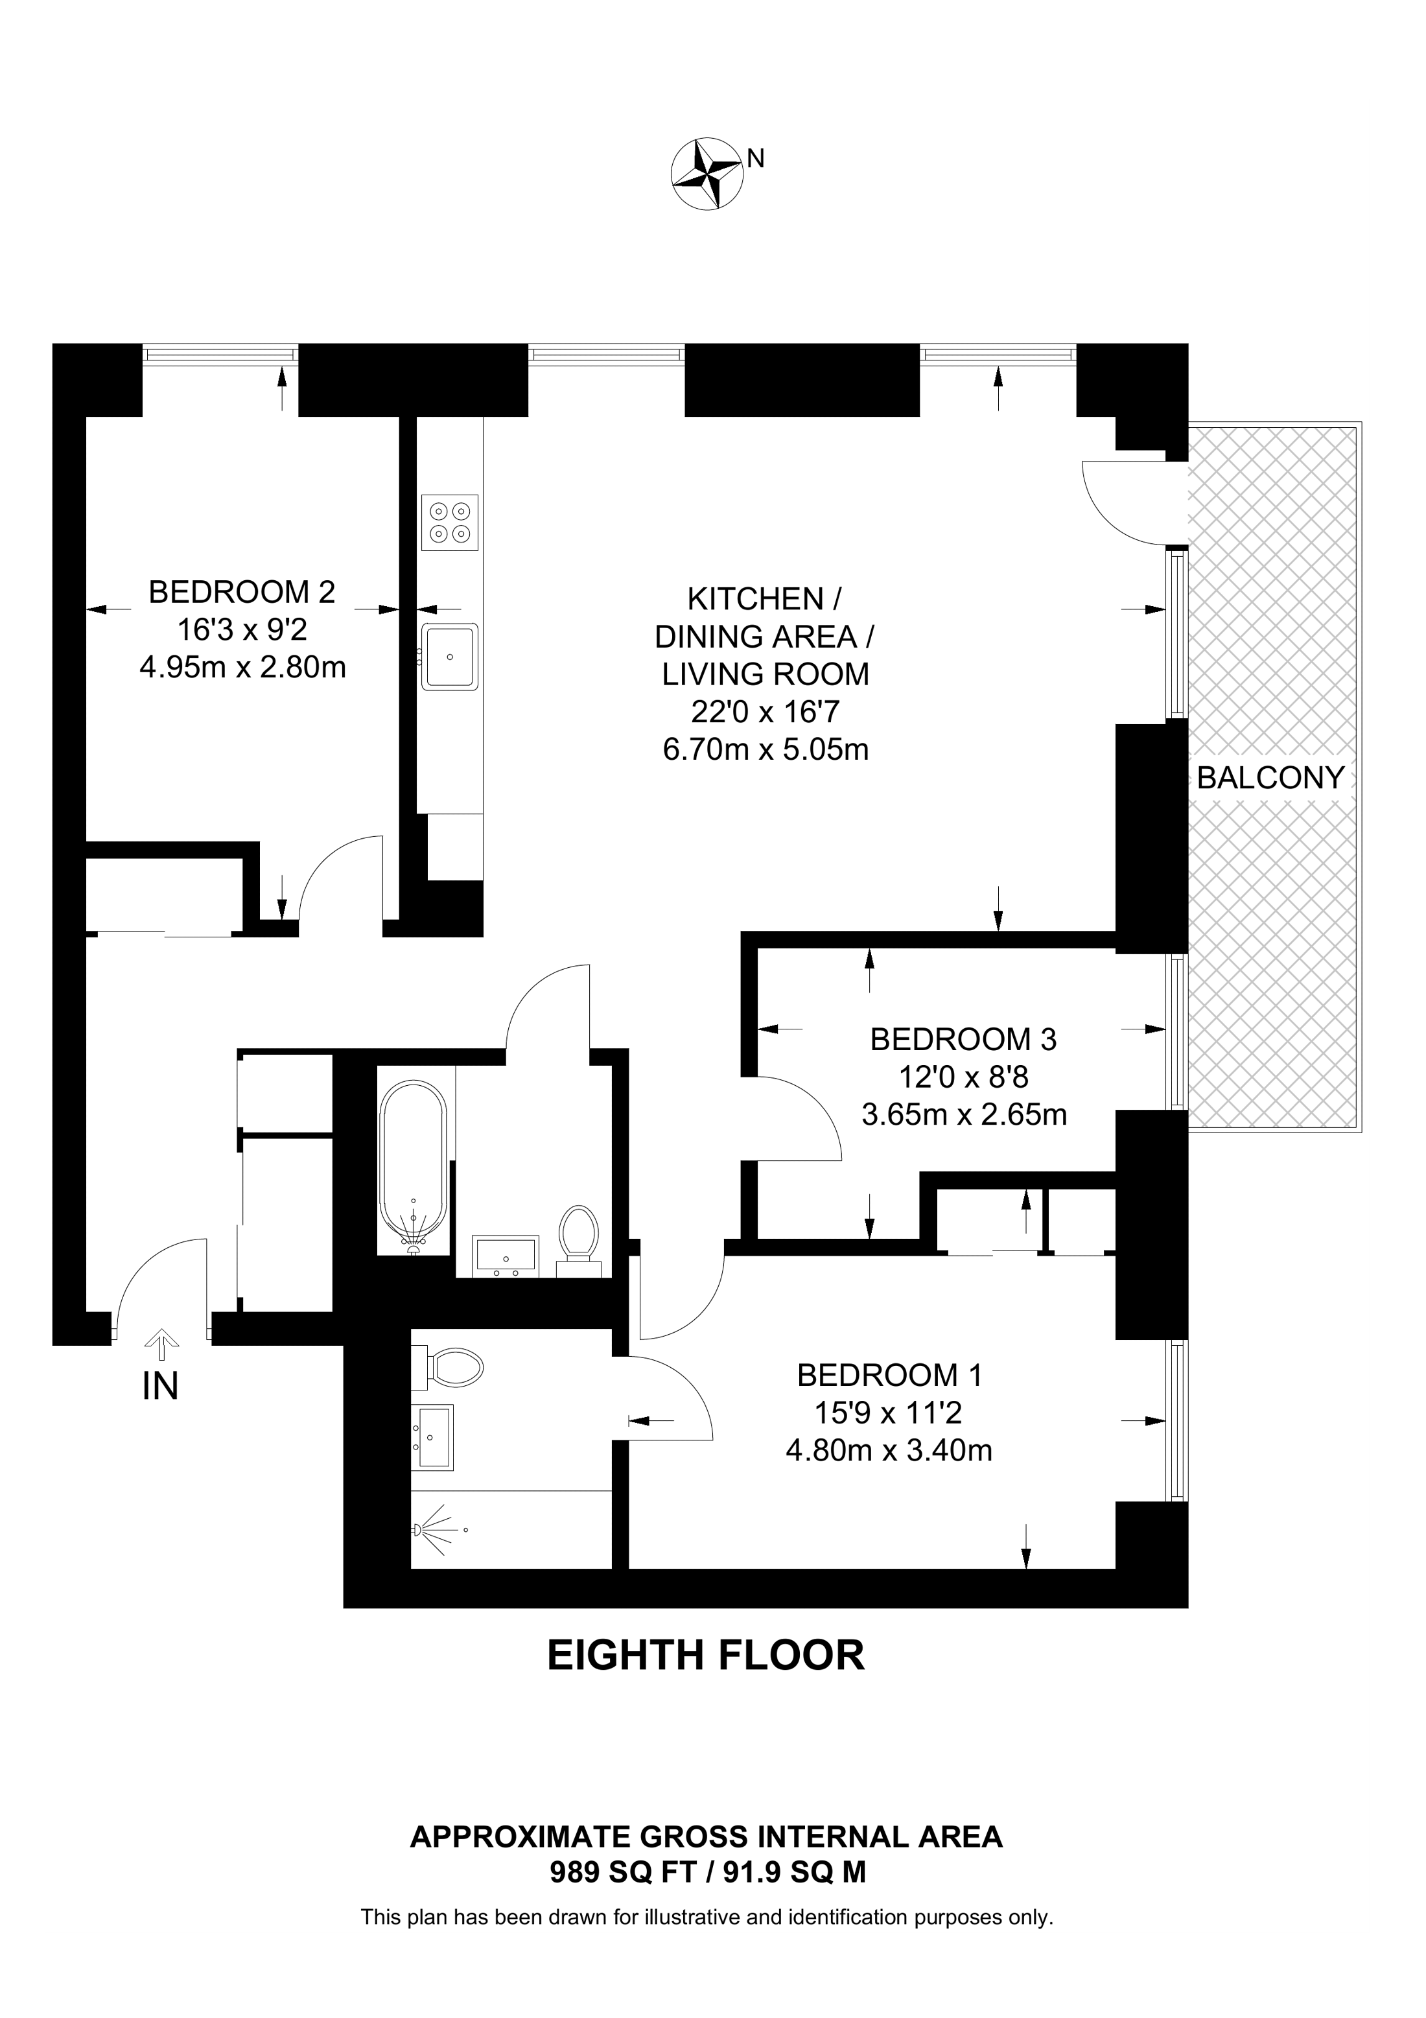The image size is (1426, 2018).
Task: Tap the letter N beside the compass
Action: (756, 158)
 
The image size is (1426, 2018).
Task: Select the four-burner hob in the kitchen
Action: (450, 523)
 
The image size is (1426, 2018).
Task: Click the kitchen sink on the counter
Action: (450, 657)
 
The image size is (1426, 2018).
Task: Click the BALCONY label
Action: (1270, 778)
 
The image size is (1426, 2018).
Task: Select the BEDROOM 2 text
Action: (242, 592)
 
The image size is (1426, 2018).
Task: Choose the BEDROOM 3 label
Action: (963, 1040)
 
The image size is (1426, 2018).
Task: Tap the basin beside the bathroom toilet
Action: (504, 1254)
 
